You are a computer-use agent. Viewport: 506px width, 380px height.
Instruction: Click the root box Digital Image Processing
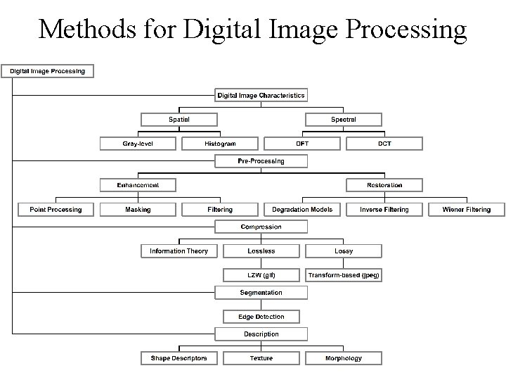pyautogui.click(x=48, y=70)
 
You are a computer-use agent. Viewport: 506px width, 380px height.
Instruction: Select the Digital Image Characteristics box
pyautogui.click(x=261, y=95)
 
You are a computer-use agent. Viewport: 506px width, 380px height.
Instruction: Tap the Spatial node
pyautogui.click(x=179, y=120)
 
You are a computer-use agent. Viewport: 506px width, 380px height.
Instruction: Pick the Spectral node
pyautogui.click(x=344, y=120)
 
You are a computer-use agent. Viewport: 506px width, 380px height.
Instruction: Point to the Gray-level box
pyautogui.click(x=138, y=144)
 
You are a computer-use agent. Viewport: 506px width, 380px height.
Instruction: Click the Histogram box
pyautogui.click(x=220, y=144)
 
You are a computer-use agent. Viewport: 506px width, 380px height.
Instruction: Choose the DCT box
pyautogui.click(x=384, y=144)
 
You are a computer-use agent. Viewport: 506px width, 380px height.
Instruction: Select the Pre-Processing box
pyautogui.click(x=261, y=161)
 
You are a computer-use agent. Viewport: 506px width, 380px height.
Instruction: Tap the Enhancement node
pyautogui.click(x=138, y=185)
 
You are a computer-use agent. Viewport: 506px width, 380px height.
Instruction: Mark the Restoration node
pyautogui.click(x=384, y=185)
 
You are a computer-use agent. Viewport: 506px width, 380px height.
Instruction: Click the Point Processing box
pyautogui.click(x=56, y=209)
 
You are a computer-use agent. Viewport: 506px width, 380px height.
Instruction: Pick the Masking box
pyautogui.click(x=138, y=209)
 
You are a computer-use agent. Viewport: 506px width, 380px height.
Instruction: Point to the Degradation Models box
pyautogui.click(x=302, y=209)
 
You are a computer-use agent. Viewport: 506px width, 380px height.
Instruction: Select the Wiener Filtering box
pyautogui.click(x=467, y=209)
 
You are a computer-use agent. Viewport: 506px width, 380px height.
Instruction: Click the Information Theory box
pyautogui.click(x=179, y=251)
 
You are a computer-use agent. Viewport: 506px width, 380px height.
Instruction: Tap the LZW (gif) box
pyautogui.click(x=261, y=274)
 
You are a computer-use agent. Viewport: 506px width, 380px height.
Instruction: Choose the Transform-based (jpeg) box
pyautogui.click(x=344, y=274)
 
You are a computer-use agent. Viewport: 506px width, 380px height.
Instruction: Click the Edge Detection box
pyautogui.click(x=261, y=317)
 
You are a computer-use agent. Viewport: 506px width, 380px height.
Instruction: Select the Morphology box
pyautogui.click(x=344, y=358)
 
